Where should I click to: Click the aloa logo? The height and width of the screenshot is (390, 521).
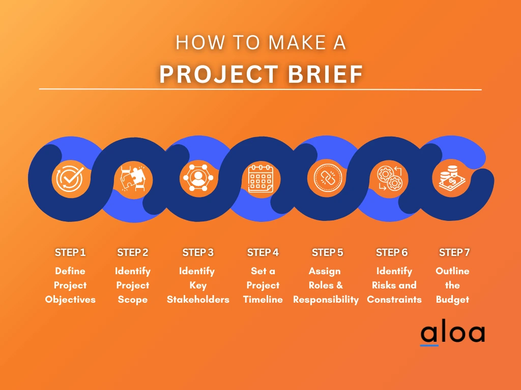click(x=452, y=333)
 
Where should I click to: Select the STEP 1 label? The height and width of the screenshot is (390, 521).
click(x=70, y=252)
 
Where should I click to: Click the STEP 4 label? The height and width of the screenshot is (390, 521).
click(x=263, y=252)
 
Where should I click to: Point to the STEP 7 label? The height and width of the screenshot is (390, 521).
click(x=454, y=252)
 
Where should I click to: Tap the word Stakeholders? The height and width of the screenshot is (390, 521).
click(x=198, y=300)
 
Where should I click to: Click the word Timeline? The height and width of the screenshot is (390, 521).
click(x=263, y=300)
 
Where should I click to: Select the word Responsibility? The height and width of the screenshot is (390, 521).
click(x=326, y=300)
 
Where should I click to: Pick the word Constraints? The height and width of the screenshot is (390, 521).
click(x=394, y=300)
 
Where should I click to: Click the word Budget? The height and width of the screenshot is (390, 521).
click(x=452, y=300)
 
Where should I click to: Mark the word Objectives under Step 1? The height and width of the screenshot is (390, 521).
click(x=70, y=300)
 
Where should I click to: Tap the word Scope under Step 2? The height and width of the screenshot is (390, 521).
click(x=132, y=300)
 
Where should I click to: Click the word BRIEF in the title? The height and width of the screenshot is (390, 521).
click(x=321, y=74)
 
